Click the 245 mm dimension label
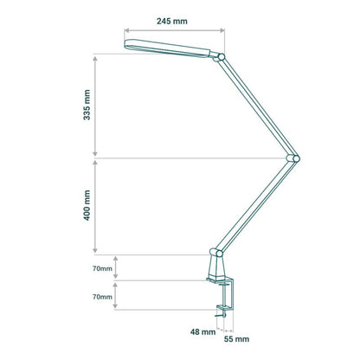tap(172, 21)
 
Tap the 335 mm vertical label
tap(87, 105)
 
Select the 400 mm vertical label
tap(87, 205)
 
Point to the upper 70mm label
tap(102, 268)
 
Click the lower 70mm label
tap(102, 297)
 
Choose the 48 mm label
tap(202, 331)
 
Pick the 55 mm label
tap(236, 339)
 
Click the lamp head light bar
tap(167, 48)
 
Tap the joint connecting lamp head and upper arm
tap(221, 57)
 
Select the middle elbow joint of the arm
tap(293, 158)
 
